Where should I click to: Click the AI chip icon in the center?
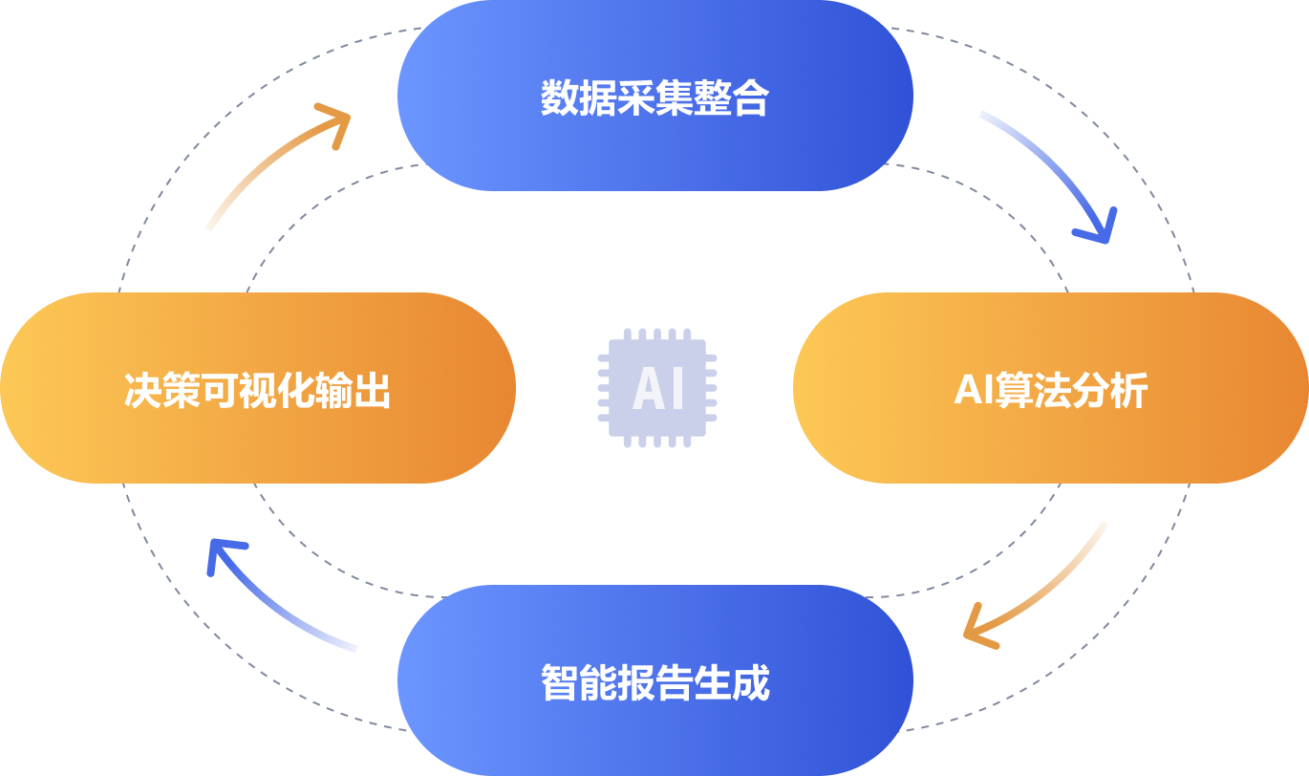[657, 388]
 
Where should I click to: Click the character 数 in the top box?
[560, 97]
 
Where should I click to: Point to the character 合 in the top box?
[751, 97]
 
